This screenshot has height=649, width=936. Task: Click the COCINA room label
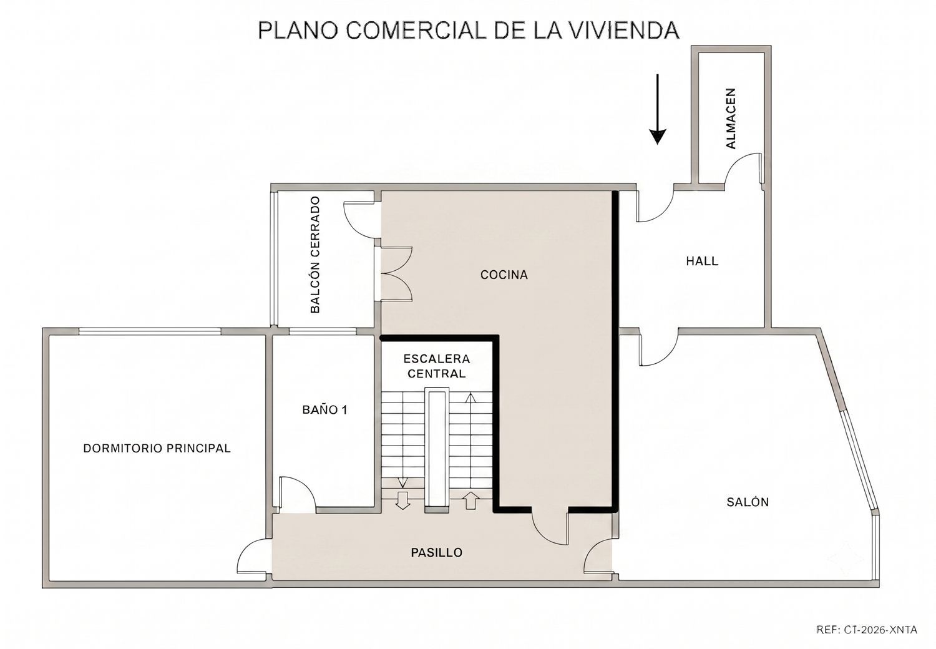pyautogui.click(x=504, y=275)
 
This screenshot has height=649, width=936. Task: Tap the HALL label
pyautogui.click(x=702, y=261)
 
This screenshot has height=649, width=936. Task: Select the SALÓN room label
pyautogui.click(x=748, y=502)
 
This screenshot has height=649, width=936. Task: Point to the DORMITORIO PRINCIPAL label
pyautogui.click(x=157, y=449)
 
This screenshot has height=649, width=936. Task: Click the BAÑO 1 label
pyautogui.click(x=324, y=410)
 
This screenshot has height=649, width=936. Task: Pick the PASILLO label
pyautogui.click(x=437, y=552)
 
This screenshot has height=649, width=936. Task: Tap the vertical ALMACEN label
pyautogui.click(x=731, y=119)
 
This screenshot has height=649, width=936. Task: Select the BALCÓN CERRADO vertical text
pyautogui.click(x=315, y=255)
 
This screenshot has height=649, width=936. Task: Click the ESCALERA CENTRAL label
pyautogui.click(x=437, y=366)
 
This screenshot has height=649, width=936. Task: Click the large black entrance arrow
pyautogui.click(x=657, y=109)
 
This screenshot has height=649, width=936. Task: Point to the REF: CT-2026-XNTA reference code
pyautogui.click(x=867, y=630)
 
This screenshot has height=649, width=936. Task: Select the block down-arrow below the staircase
pyautogui.click(x=403, y=500)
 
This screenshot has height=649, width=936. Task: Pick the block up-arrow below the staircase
pyautogui.click(x=471, y=500)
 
